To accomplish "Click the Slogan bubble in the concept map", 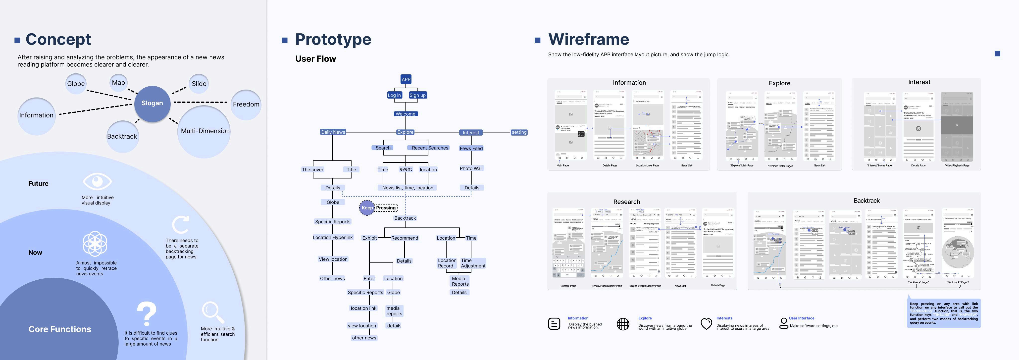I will pos(152,103).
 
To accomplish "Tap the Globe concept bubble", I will pos(76,84).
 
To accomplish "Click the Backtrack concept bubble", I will pos(122,136).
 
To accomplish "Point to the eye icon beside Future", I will pos(97,182).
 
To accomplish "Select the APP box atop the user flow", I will pos(406,79).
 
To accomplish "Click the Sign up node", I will pos(417,95).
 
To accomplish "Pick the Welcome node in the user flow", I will pos(406,114).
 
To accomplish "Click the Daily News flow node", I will pos(333,132).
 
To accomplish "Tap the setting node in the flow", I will pos(519,132).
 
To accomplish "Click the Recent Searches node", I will pos(430,148).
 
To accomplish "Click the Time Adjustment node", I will pos(473,263).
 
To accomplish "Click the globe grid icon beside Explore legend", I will pos(623,324).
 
